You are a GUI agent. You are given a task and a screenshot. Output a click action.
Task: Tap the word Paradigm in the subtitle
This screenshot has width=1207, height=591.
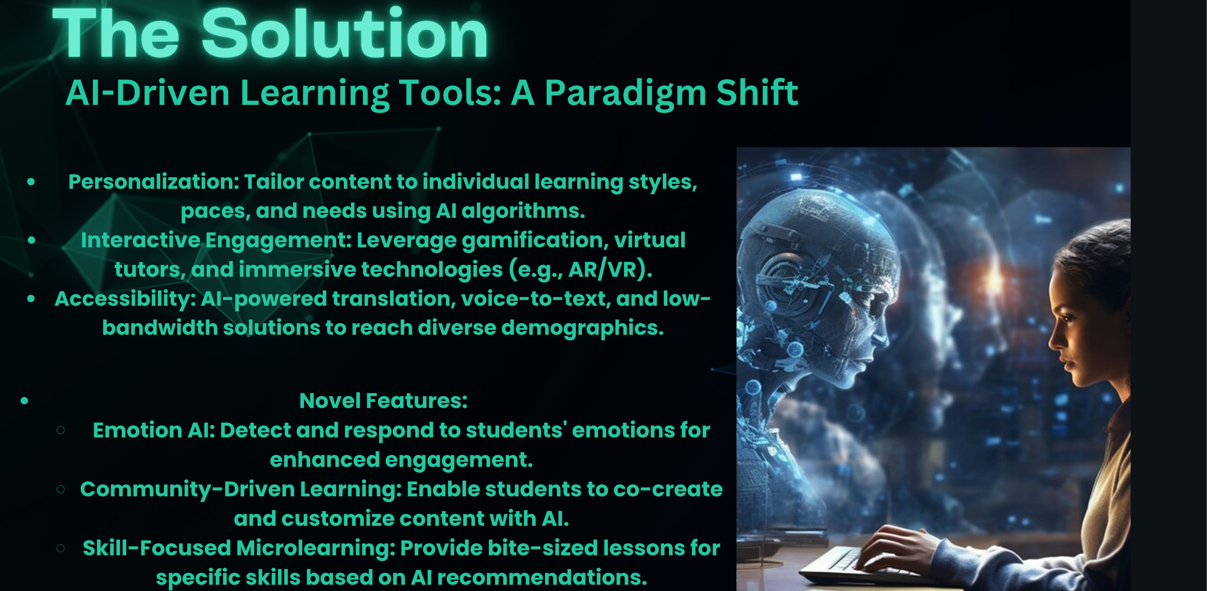click(625, 93)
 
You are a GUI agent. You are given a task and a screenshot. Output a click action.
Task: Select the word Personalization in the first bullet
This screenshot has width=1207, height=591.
click(154, 181)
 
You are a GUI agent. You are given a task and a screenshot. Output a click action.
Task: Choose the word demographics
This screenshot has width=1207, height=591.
click(583, 328)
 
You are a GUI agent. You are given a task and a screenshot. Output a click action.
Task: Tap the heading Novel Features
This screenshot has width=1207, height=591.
click(383, 401)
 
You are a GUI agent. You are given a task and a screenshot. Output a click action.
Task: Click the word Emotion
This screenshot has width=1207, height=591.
click(137, 430)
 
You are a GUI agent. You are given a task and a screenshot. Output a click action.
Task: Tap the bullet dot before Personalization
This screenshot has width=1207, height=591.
click(31, 182)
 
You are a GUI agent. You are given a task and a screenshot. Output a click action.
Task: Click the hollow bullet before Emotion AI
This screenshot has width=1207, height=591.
click(60, 430)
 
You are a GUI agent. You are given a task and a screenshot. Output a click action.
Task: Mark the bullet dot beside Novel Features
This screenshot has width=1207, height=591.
click(25, 401)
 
